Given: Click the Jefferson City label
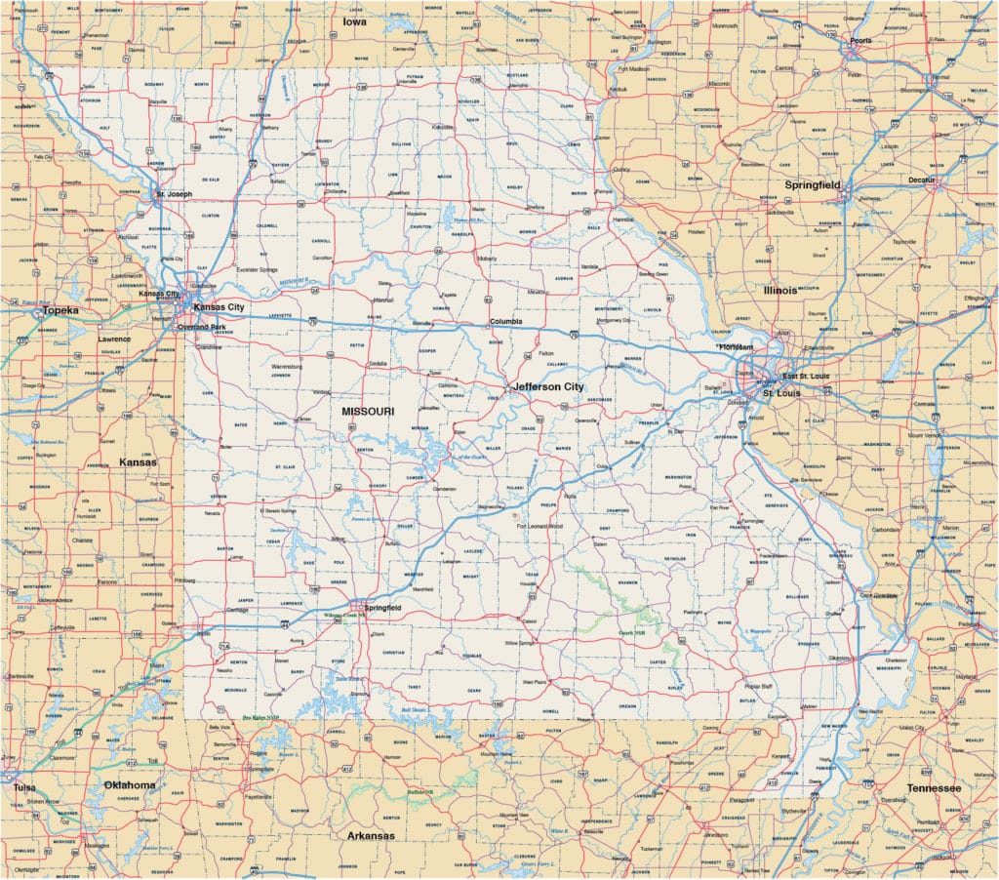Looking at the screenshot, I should tap(547, 387).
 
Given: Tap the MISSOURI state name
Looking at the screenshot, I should tap(368, 412).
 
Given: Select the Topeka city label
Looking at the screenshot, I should tap(60, 310).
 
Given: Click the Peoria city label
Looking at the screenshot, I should tap(860, 42).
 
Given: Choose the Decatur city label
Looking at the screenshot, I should tap(917, 180).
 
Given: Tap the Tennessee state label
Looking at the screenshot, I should tap(933, 787).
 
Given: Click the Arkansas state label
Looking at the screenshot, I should tap(371, 836).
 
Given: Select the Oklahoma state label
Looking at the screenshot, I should tap(130, 785).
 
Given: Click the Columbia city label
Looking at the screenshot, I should tap(505, 321).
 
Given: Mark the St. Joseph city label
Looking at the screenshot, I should tap(174, 194).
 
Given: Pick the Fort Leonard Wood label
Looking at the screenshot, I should tap(540, 526).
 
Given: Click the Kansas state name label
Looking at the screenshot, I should tap(138, 461).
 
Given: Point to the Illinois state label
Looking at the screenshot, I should tap(780, 291).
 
